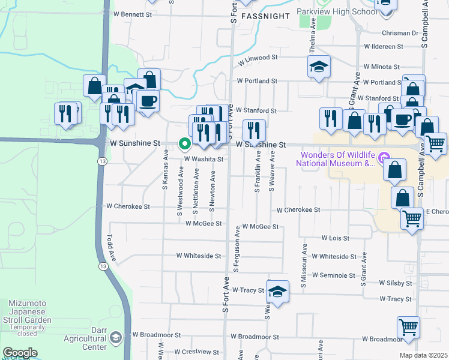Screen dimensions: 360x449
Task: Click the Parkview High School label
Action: [340, 12]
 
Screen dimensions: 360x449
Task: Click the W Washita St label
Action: [203, 159]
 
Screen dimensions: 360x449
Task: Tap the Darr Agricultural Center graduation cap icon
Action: [114, 340]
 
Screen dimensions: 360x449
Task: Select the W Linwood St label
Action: [258, 59]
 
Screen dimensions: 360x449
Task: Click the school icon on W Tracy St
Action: [277, 292]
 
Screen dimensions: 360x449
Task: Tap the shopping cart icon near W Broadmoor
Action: [408, 328]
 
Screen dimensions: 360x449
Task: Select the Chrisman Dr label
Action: [399, 33]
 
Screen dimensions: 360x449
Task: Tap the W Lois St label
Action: [336, 238]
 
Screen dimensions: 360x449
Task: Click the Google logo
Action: [20, 353]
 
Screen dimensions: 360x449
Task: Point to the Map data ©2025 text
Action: [423, 355]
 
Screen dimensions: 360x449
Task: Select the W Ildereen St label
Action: [391, 46]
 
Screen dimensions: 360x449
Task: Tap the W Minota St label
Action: [381, 67]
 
